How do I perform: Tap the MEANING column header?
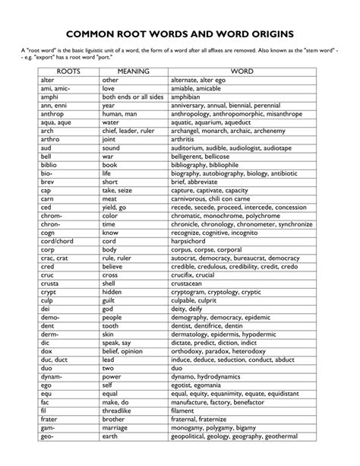point(134,71)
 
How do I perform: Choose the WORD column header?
point(242,71)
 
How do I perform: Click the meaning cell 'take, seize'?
point(121,189)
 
